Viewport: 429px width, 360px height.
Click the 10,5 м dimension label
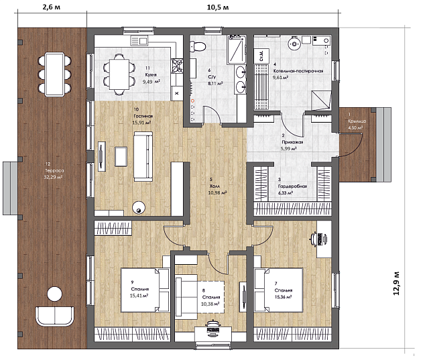[x=216, y=7]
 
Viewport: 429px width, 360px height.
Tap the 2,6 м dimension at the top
[x=52, y=7]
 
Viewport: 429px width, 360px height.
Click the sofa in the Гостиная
[x=143, y=156]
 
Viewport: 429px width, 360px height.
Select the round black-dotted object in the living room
[x=139, y=207]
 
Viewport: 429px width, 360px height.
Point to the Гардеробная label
[x=292, y=186]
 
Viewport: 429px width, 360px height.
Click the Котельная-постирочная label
[x=299, y=70]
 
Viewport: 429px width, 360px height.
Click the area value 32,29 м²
[x=52, y=178]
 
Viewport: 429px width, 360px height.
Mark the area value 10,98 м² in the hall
[x=217, y=192]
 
